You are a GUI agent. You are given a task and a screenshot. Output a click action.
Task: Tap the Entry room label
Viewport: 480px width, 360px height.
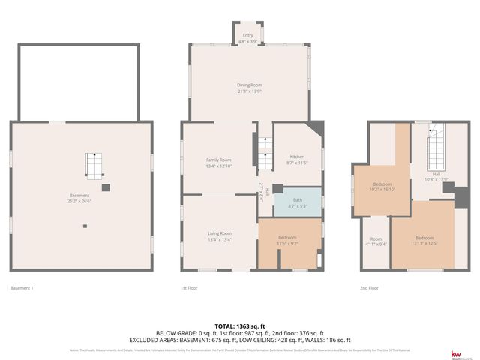tap(247, 35)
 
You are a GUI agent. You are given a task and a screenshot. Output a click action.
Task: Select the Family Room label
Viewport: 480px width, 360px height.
tap(218, 160)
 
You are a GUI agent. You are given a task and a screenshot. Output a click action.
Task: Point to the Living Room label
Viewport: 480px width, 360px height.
tap(219, 233)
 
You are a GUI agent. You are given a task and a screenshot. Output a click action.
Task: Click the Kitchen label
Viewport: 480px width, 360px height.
tap(297, 156)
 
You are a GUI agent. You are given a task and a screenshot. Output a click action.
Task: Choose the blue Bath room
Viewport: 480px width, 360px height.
tap(297, 202)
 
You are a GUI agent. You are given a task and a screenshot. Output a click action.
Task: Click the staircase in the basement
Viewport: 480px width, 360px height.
tap(93, 165)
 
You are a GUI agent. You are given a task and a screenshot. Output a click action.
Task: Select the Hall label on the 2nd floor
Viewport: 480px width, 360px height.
tap(436, 174)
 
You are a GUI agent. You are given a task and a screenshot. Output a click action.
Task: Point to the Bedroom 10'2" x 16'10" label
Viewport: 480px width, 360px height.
tap(382, 184)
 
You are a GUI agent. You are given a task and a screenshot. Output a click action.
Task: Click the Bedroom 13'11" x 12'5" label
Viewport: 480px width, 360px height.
tap(424, 238)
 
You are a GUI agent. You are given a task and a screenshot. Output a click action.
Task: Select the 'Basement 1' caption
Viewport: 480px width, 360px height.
tap(22, 288)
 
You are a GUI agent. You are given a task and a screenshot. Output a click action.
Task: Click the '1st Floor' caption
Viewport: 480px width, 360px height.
tap(190, 288)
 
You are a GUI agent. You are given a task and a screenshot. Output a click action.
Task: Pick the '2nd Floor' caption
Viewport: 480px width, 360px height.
tap(370, 288)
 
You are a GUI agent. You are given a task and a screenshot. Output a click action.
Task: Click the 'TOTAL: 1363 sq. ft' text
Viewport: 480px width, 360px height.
tap(239, 325)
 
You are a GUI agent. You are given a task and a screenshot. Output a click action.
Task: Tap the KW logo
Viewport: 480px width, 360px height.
tap(454, 354)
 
